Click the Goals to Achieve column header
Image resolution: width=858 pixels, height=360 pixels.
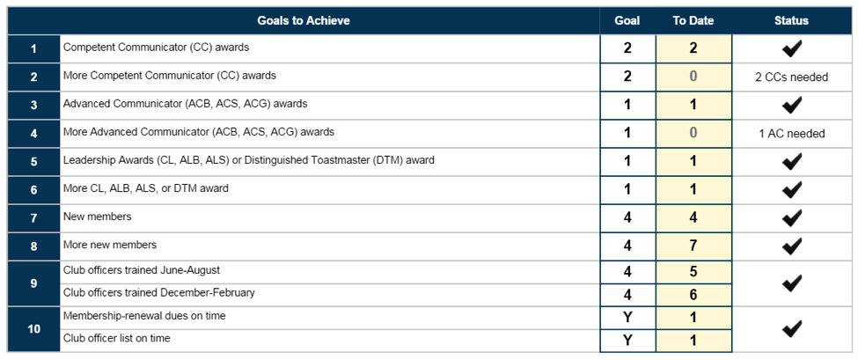point(303,21)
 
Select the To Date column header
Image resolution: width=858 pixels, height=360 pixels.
point(693,21)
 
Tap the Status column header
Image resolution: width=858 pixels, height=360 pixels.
point(791,21)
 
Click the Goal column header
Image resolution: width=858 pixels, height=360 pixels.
point(627,21)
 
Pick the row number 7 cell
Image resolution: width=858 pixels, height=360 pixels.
point(33,218)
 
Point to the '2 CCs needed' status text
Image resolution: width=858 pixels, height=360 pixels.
point(791,77)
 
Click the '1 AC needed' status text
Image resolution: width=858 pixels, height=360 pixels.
point(791,134)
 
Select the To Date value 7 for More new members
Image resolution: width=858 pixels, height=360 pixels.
point(693,246)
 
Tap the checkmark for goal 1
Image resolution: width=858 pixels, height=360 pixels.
point(792,48)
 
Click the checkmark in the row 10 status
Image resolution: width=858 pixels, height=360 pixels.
point(792,328)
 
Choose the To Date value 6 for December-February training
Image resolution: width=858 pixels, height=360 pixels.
point(693,295)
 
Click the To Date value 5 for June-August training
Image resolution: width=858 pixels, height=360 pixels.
point(693,272)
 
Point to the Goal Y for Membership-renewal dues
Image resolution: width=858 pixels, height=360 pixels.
point(627,318)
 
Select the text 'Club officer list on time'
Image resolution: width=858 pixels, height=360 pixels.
point(116,338)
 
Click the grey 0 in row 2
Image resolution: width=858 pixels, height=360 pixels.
point(693,77)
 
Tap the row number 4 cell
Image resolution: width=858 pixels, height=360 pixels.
point(33,134)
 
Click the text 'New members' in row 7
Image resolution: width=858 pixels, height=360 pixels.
point(98,217)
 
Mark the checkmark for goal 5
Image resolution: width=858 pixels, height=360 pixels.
point(792,161)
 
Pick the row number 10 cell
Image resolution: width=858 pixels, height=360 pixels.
point(33,329)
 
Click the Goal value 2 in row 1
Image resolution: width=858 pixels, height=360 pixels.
point(627,48)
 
